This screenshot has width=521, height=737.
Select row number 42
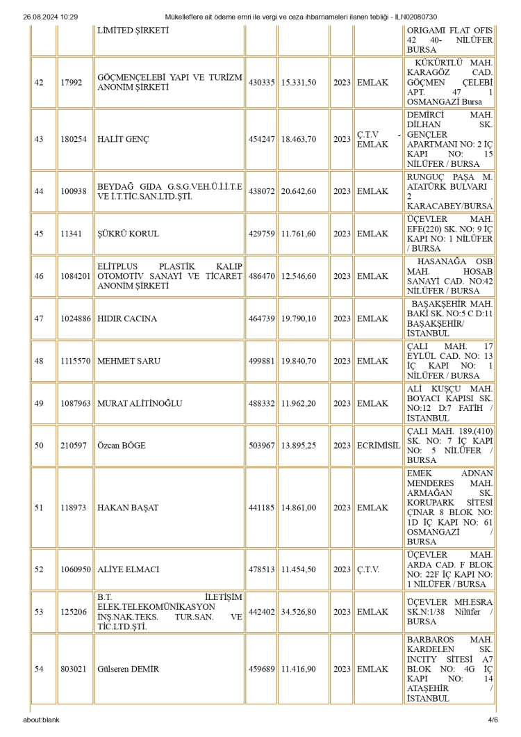[40, 82]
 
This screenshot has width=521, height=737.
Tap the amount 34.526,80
[299, 612]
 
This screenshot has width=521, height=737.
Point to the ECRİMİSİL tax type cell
[378, 445]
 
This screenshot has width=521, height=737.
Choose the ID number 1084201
[75, 276]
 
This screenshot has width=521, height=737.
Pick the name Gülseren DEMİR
[129, 670]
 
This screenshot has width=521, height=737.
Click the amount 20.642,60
[299, 191]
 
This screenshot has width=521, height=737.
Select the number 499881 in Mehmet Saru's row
[261, 362]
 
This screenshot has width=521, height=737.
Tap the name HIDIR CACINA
[128, 318]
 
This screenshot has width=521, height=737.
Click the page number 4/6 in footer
[493, 720]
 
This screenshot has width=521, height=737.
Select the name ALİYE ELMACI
[129, 569]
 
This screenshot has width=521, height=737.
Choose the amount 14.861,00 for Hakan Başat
[299, 508]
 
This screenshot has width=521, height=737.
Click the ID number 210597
[72, 445]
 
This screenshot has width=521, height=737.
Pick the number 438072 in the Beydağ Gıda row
[261, 191]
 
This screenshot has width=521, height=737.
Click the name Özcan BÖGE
[122, 445]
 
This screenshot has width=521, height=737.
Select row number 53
[40, 612]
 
